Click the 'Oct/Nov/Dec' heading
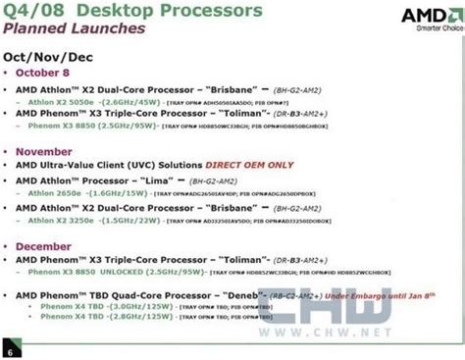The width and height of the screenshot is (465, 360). [59, 56]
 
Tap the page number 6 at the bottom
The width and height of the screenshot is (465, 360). [10, 351]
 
